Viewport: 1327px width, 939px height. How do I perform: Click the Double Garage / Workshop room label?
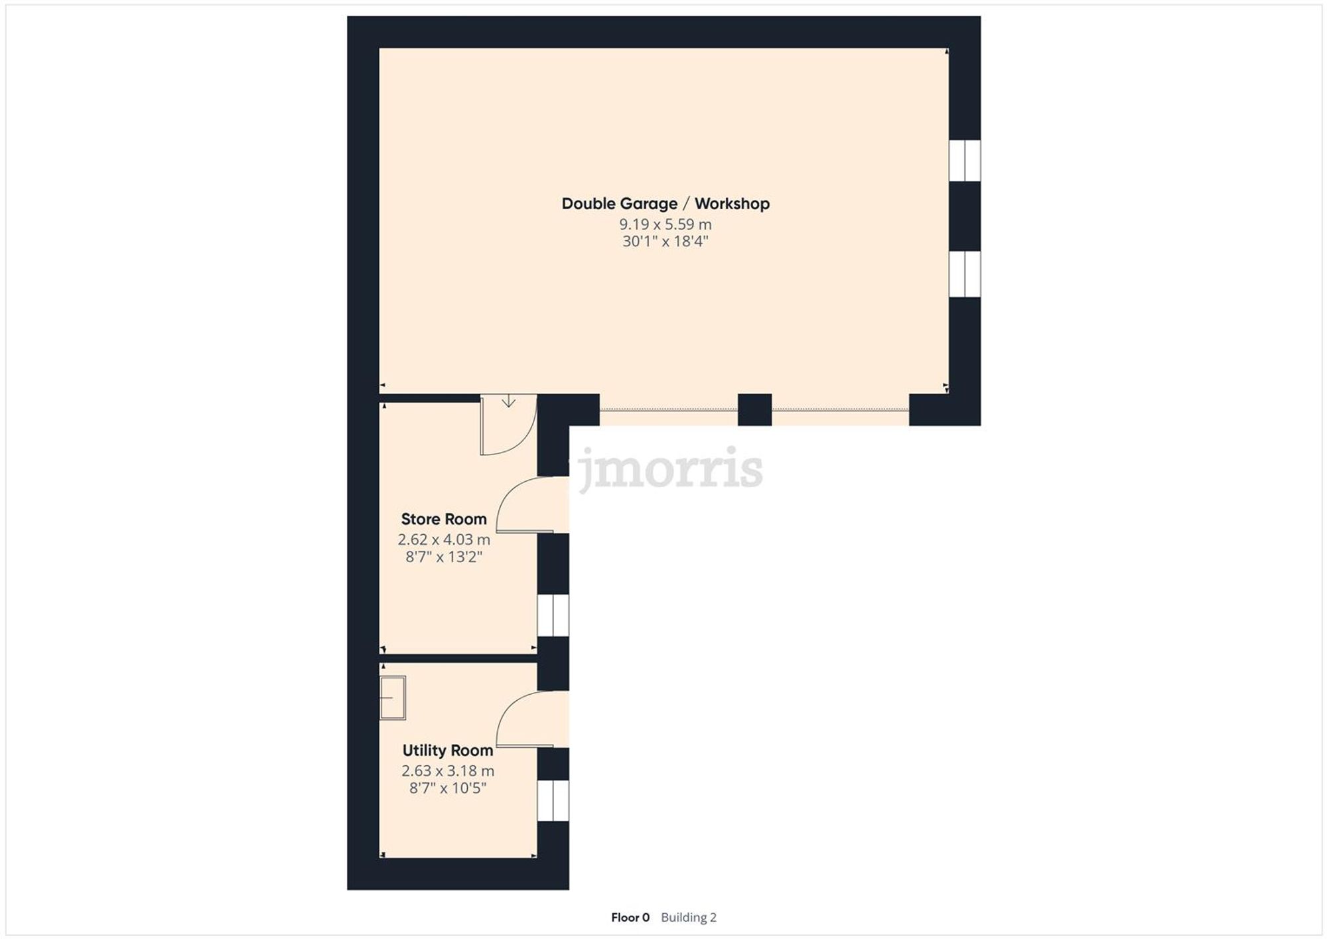pyautogui.click(x=665, y=204)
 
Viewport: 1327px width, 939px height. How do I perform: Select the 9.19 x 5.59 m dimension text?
pyautogui.click(x=665, y=224)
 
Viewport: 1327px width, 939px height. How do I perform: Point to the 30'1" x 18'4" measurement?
pyautogui.click(x=665, y=241)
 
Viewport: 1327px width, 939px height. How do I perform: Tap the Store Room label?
pyautogui.click(x=444, y=519)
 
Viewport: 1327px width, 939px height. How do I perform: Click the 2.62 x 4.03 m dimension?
pyautogui.click(x=444, y=540)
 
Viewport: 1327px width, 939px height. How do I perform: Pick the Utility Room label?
pyautogui.click(x=448, y=751)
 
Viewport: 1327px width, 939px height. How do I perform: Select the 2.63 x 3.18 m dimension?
pyautogui.click(x=448, y=771)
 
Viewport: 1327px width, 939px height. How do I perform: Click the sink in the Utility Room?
pyautogui.click(x=392, y=697)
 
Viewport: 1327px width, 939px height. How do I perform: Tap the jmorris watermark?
pyautogui.click(x=670, y=469)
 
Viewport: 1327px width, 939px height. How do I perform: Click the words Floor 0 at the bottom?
pyautogui.click(x=630, y=918)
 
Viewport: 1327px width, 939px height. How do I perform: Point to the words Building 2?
pyautogui.click(x=689, y=918)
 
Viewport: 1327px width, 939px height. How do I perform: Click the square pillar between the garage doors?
pyautogui.click(x=754, y=409)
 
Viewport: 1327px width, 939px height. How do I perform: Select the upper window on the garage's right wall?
pyautogui.click(x=964, y=161)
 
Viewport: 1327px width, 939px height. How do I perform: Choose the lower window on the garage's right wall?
pyautogui.click(x=964, y=273)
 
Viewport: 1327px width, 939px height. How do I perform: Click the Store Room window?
pyautogui.click(x=553, y=616)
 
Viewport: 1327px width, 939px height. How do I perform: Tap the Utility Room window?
pyautogui.click(x=553, y=800)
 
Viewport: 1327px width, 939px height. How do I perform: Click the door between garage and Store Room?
pyautogui.click(x=508, y=425)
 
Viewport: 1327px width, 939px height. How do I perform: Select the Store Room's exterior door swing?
pyautogui.click(x=527, y=506)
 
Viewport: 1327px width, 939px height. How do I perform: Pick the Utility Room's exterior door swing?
pyautogui.click(x=527, y=720)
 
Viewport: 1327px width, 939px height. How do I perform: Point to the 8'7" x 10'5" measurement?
pyautogui.click(x=448, y=788)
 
